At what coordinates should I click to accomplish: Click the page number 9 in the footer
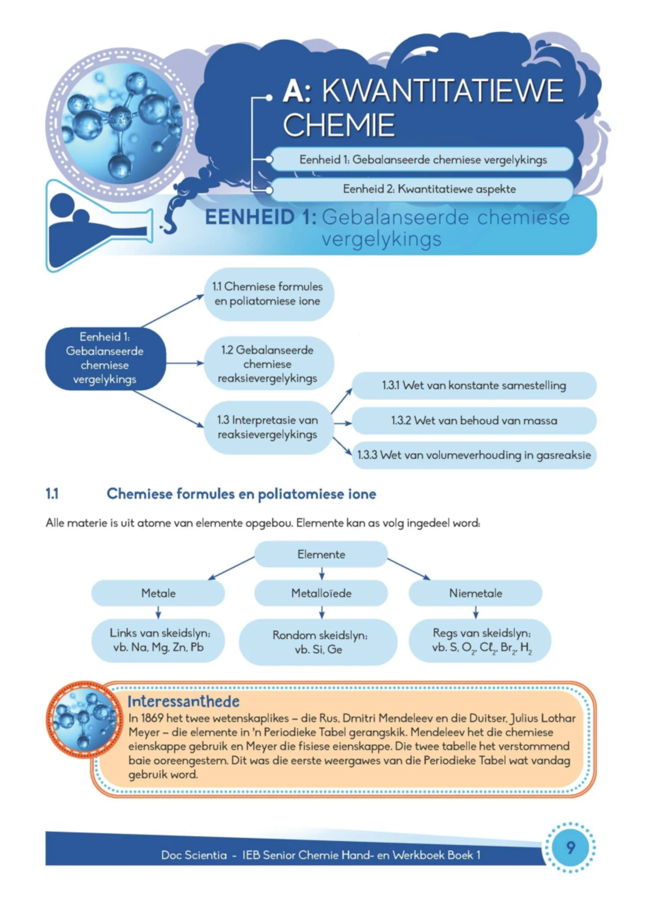[x=570, y=847]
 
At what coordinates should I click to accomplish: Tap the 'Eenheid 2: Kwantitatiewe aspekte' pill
[x=422, y=189]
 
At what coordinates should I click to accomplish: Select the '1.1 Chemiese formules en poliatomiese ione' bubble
[x=268, y=294]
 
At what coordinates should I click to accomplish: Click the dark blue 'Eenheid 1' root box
[x=105, y=358]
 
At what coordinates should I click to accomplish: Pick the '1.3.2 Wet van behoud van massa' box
[x=474, y=421]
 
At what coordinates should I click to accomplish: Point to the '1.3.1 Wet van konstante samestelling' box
[x=474, y=386]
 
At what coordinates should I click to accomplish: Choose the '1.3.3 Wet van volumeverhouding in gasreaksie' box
[x=474, y=455]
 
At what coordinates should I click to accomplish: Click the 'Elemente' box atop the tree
[x=321, y=554]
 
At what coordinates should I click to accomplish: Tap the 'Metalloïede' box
[x=321, y=593]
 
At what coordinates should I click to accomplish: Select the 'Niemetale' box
[x=475, y=593]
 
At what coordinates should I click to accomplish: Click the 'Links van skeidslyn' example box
[x=158, y=640]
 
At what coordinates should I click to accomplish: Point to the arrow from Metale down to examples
[x=158, y=612]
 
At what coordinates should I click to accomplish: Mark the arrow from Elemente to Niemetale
[x=408, y=569]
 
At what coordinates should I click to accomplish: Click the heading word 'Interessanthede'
[x=183, y=701]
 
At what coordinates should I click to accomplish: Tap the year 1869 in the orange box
[x=152, y=718]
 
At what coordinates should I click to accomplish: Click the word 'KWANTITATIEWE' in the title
[x=442, y=90]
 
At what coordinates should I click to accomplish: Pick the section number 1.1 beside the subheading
[x=52, y=494]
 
